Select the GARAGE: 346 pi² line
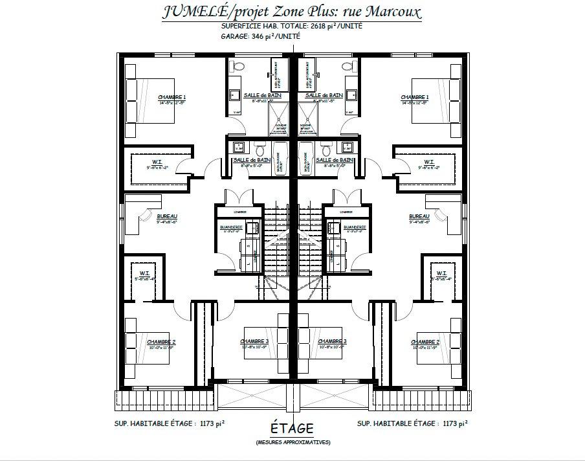click(261, 38)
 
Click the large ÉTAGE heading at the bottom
click(292, 428)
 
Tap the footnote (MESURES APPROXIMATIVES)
click(292, 442)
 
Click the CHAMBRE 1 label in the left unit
click(171, 98)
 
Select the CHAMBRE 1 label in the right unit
click(415, 98)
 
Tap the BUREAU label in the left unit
click(167, 217)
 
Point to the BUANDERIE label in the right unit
click(355, 227)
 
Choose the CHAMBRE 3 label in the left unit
click(254, 342)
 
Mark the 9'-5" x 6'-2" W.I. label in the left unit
click(157, 163)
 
